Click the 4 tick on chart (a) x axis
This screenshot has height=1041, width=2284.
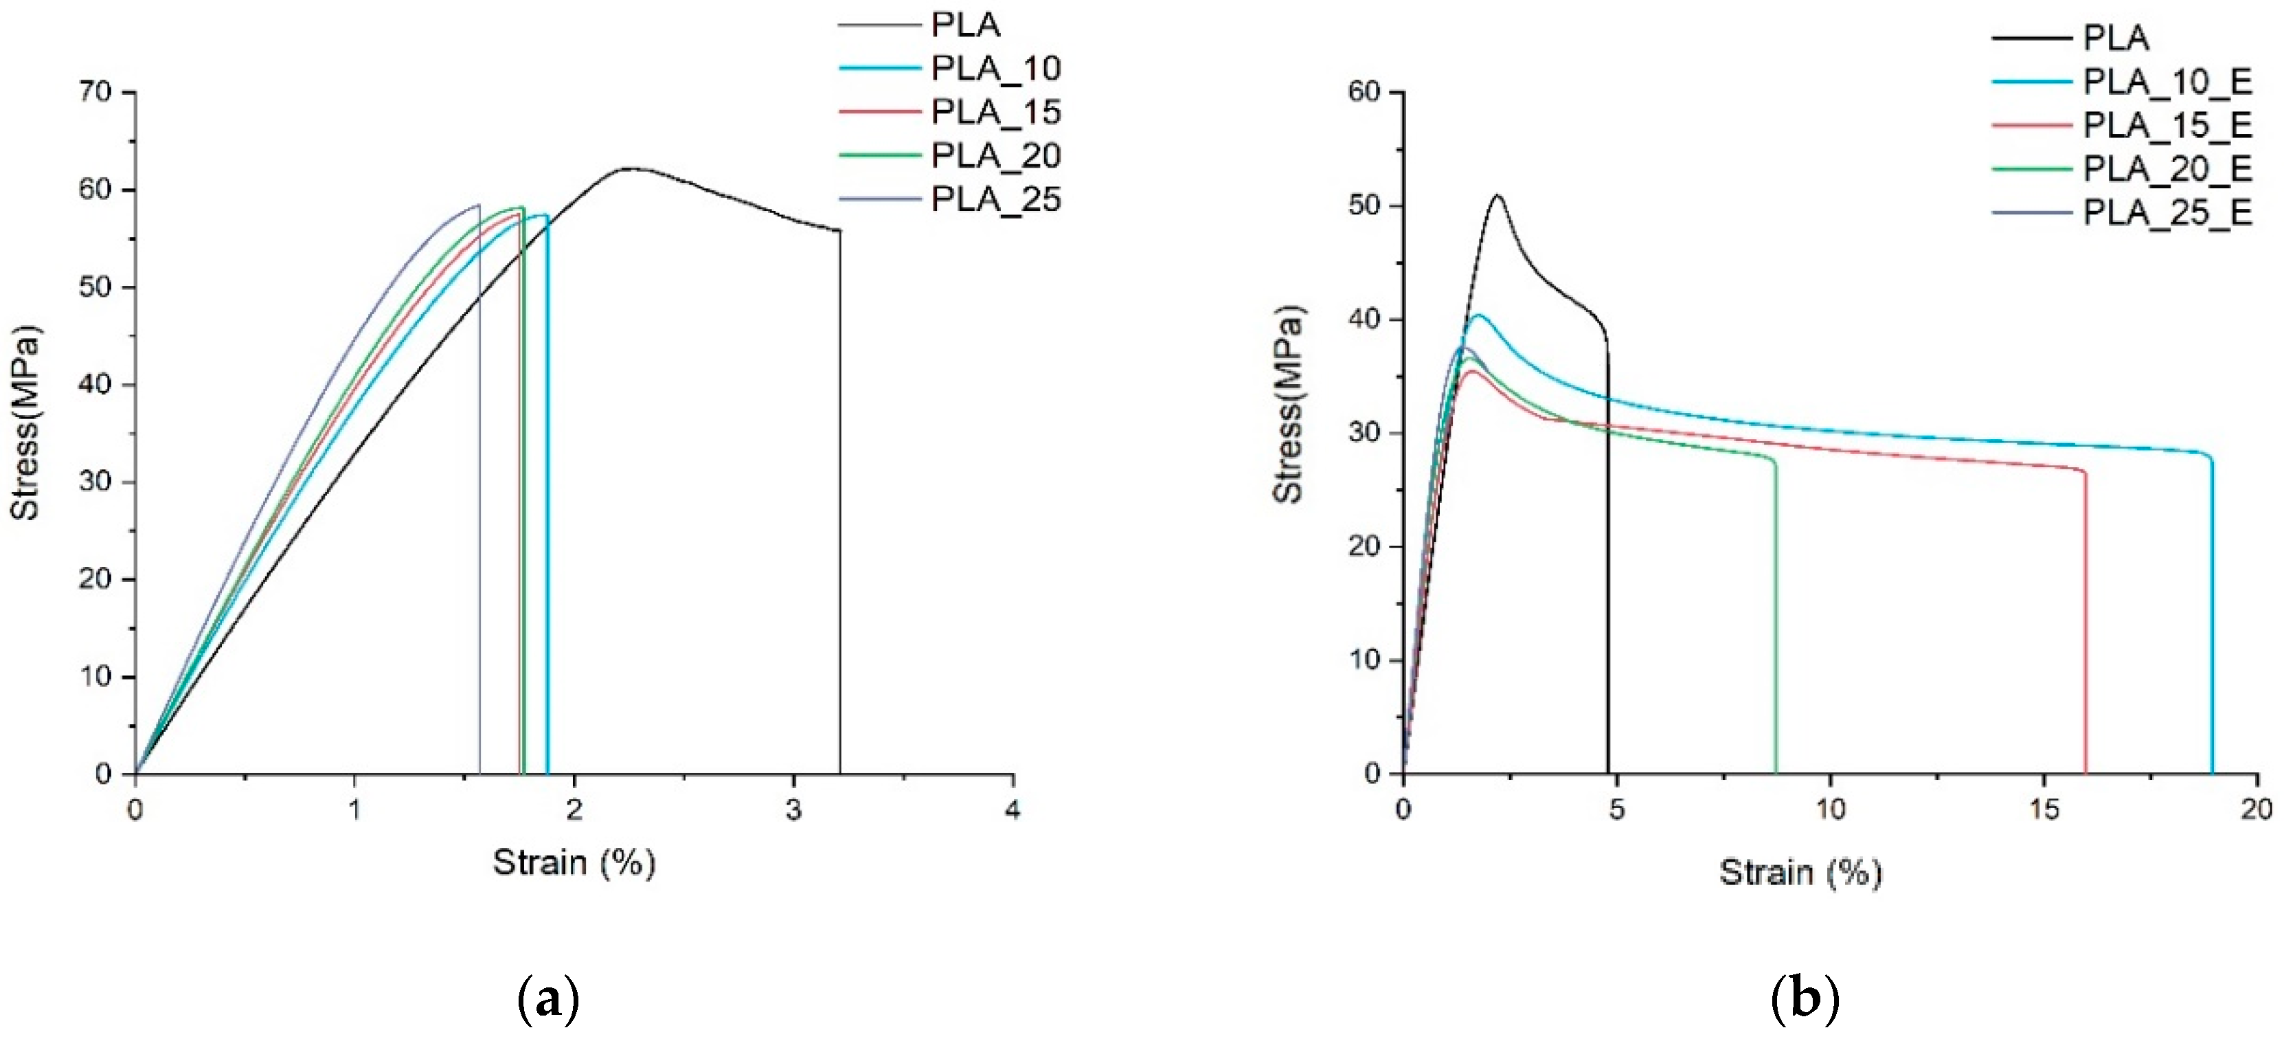coord(1013,809)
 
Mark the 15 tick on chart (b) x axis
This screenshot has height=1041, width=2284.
coord(2044,809)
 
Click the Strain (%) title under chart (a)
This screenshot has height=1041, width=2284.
coord(574,862)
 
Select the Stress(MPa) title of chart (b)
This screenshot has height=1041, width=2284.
coord(1287,405)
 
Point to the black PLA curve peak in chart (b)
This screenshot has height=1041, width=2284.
coord(1497,195)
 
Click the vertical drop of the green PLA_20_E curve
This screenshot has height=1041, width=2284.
coord(1775,620)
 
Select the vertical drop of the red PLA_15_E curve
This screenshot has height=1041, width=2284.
coord(2085,620)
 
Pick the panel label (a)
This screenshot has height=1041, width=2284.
coord(548,999)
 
